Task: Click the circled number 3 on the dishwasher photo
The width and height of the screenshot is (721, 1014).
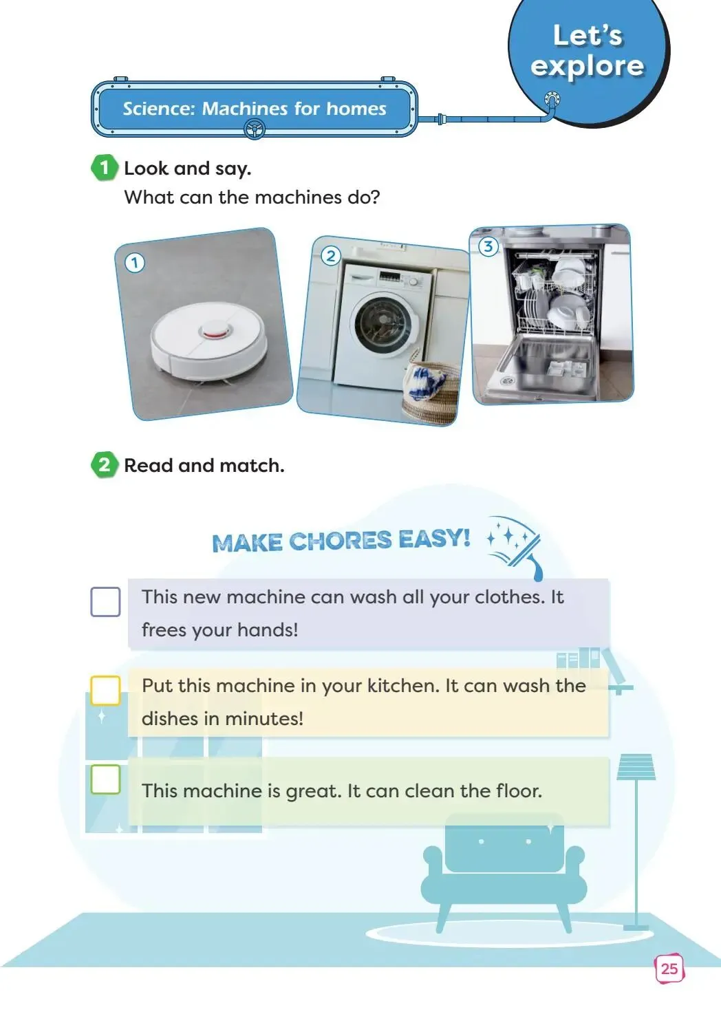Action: click(488, 247)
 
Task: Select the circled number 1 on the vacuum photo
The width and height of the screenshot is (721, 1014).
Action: click(134, 263)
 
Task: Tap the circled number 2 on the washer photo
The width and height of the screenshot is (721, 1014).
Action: click(331, 256)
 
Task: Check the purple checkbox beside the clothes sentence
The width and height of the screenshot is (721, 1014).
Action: click(105, 602)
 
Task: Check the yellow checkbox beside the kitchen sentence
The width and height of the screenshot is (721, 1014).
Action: click(105, 691)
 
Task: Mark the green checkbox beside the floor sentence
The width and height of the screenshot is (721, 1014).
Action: click(105, 779)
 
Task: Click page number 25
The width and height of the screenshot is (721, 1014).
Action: click(669, 969)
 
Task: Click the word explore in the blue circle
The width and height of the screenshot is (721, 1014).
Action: click(587, 66)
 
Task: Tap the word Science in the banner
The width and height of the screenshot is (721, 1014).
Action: click(158, 109)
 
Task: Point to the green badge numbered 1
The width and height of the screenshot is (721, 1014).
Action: click(105, 168)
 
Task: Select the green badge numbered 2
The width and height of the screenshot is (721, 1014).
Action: click(105, 465)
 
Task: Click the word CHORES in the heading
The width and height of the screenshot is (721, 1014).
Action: click(340, 541)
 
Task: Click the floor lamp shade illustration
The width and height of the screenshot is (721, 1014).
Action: click(636, 767)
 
